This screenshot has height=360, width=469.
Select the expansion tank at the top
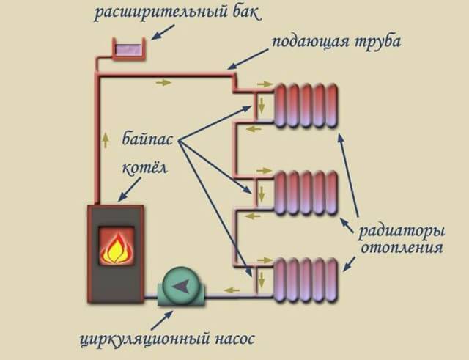click(128, 50)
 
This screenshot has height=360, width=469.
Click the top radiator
click(306, 106)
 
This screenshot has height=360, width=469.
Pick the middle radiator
click(306, 194)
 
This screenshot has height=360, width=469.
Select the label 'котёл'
click(144, 168)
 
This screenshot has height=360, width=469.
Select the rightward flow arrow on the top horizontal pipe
click(163, 82)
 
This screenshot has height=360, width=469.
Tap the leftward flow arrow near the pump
click(230, 290)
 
